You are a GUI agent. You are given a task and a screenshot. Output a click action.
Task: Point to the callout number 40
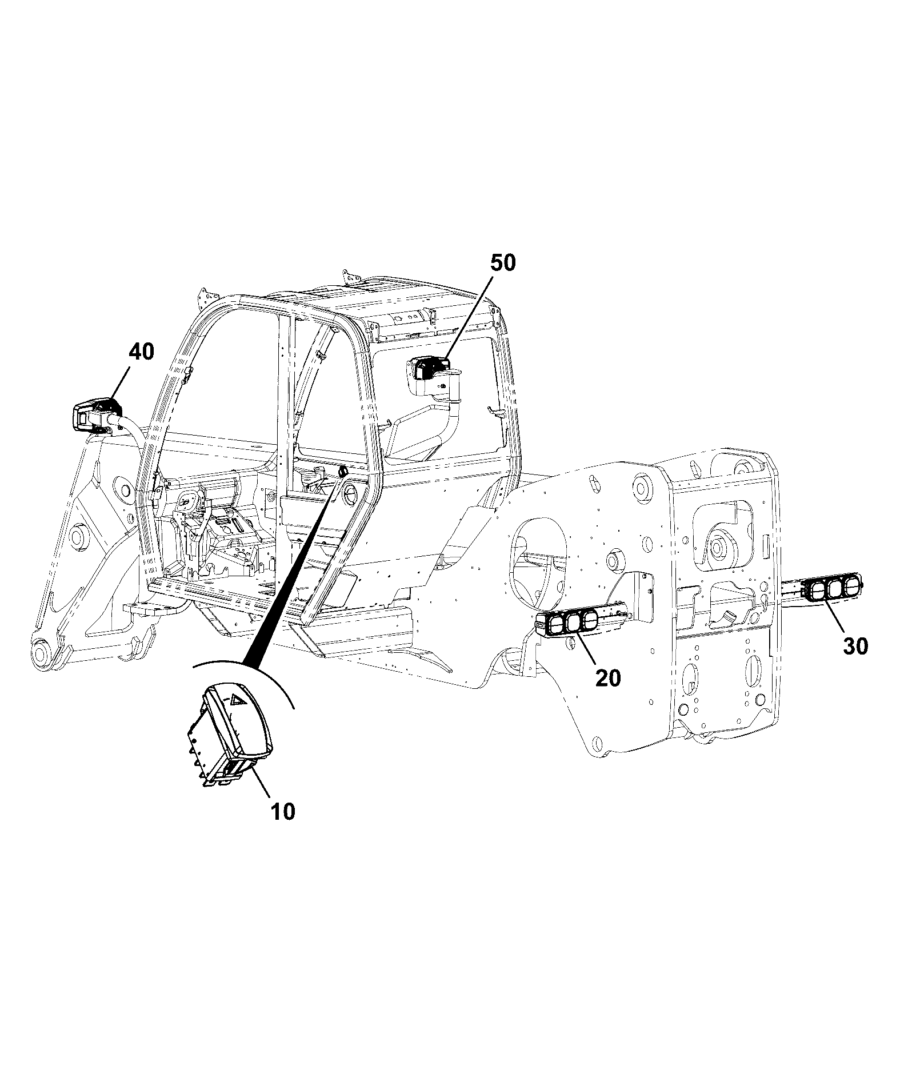pyautogui.click(x=141, y=352)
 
